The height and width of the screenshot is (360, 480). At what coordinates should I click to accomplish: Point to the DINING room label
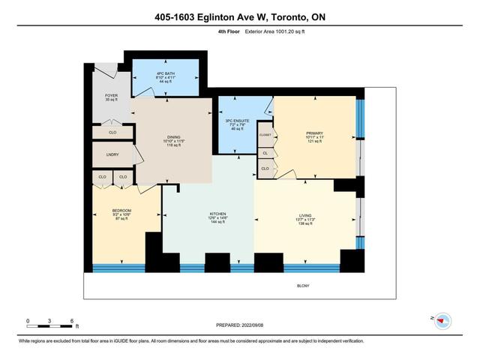[174, 140]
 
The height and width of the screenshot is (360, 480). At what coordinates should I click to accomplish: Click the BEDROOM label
[121, 211]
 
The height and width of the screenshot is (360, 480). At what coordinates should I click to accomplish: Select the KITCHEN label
[217, 214]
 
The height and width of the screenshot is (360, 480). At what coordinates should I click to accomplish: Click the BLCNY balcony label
[303, 285]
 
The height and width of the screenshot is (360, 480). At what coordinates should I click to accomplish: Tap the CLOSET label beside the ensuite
[265, 135]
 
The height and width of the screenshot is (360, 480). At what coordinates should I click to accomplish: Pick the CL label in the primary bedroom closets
[265, 153]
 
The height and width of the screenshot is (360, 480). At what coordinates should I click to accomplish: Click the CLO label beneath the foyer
[111, 133]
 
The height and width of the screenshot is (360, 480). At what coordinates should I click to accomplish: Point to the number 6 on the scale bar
[71, 321]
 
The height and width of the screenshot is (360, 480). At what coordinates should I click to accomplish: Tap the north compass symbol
[442, 319]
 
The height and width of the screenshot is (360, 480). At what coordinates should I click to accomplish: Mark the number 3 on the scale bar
[49, 321]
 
